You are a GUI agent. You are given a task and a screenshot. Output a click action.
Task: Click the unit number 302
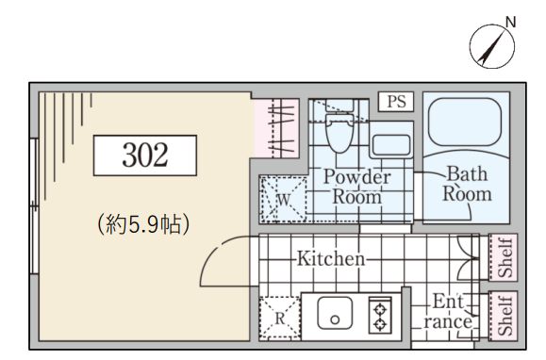[x=145, y=155]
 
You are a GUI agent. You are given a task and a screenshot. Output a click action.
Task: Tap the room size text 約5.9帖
[x=143, y=224]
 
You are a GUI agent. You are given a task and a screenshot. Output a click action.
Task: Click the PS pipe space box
[x=396, y=102]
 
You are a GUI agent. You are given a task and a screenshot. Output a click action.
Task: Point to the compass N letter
[x=510, y=23]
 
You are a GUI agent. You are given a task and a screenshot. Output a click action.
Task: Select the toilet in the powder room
[x=339, y=130]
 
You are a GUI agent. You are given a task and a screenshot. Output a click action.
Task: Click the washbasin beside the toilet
[x=390, y=145]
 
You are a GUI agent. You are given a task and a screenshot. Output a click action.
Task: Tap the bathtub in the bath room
[x=465, y=123]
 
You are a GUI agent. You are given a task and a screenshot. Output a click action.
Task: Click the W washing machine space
[x=284, y=199]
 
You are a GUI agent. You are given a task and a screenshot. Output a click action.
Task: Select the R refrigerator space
[x=280, y=319]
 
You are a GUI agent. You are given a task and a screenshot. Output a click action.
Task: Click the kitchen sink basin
[x=335, y=313]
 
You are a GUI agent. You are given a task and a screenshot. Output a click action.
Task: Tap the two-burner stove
[x=380, y=316]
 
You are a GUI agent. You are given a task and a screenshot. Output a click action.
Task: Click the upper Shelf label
[x=505, y=257]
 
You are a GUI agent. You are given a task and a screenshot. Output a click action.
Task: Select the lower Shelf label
[x=505, y=316]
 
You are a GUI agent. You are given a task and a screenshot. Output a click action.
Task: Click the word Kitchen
[x=331, y=259]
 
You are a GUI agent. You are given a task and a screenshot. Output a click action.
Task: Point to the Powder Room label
[x=356, y=187]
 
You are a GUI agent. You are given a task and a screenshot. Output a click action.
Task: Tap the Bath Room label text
[x=467, y=184]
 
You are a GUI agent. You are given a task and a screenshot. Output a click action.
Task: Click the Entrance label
[x=448, y=312]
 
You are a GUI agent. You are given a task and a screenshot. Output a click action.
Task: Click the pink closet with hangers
[x=276, y=128]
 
